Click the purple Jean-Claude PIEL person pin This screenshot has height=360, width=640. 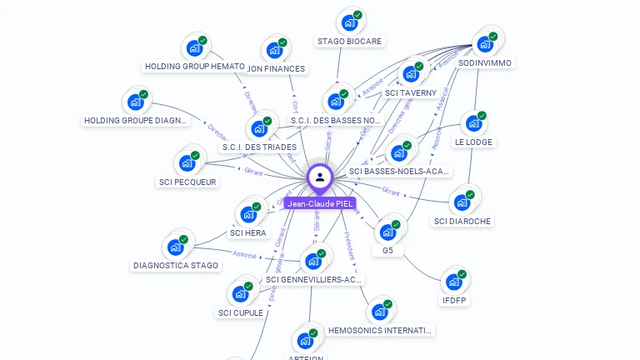pos(320,177)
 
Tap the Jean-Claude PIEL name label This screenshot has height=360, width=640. pos(320,203)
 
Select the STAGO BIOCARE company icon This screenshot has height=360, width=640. pos(349,22)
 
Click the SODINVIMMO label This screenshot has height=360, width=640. pos(486,62)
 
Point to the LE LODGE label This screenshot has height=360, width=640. pos(473,142)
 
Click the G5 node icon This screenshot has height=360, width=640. pos(388,231)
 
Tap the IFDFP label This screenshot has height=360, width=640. pos(454,300)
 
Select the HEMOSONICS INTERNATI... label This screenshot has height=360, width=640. pos(381,331)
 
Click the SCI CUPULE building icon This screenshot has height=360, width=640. pos(240,293)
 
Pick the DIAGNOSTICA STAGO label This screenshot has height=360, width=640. pos(176,266)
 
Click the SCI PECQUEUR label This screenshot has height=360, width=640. pos(187,182)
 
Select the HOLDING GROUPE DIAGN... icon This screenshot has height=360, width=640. pos(136,102)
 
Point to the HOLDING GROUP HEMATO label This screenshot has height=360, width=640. pos(195,66)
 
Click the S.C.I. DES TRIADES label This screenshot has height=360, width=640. pos(259,147)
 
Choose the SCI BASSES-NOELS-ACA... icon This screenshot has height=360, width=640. pos(400,152)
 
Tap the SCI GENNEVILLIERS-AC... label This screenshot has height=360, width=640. pos(313,280)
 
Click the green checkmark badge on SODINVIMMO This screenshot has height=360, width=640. pos(493,36)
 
